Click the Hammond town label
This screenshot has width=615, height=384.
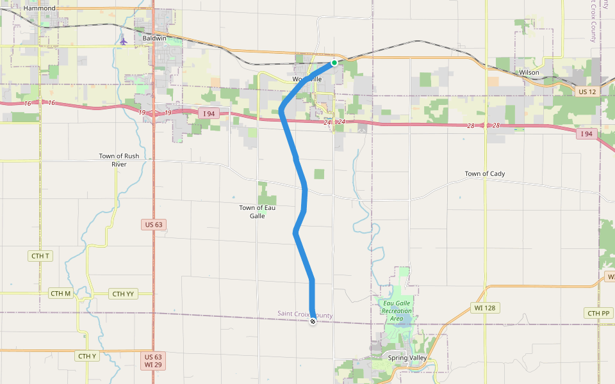tap(39, 8)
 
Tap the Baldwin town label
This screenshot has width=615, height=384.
tap(154, 38)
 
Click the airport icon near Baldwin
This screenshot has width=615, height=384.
tap(123, 42)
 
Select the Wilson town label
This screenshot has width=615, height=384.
tap(529, 73)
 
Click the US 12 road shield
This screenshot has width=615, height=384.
tap(587, 92)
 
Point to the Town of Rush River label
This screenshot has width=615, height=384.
tap(119, 160)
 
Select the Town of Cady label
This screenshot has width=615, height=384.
tap(484, 174)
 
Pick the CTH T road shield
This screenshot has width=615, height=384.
tap(40, 256)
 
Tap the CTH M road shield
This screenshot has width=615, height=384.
tap(60, 294)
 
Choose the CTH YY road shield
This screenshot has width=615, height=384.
tap(122, 294)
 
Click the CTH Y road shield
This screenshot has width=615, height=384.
tap(86, 356)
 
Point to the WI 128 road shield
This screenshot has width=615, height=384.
tap(486, 308)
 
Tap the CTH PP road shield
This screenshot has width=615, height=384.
tap(598, 313)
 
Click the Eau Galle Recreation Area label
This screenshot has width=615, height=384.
tap(397, 310)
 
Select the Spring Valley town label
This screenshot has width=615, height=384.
tap(407, 358)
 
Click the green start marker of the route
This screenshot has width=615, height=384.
tap(334, 63)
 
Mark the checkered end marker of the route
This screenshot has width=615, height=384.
tap(313, 321)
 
